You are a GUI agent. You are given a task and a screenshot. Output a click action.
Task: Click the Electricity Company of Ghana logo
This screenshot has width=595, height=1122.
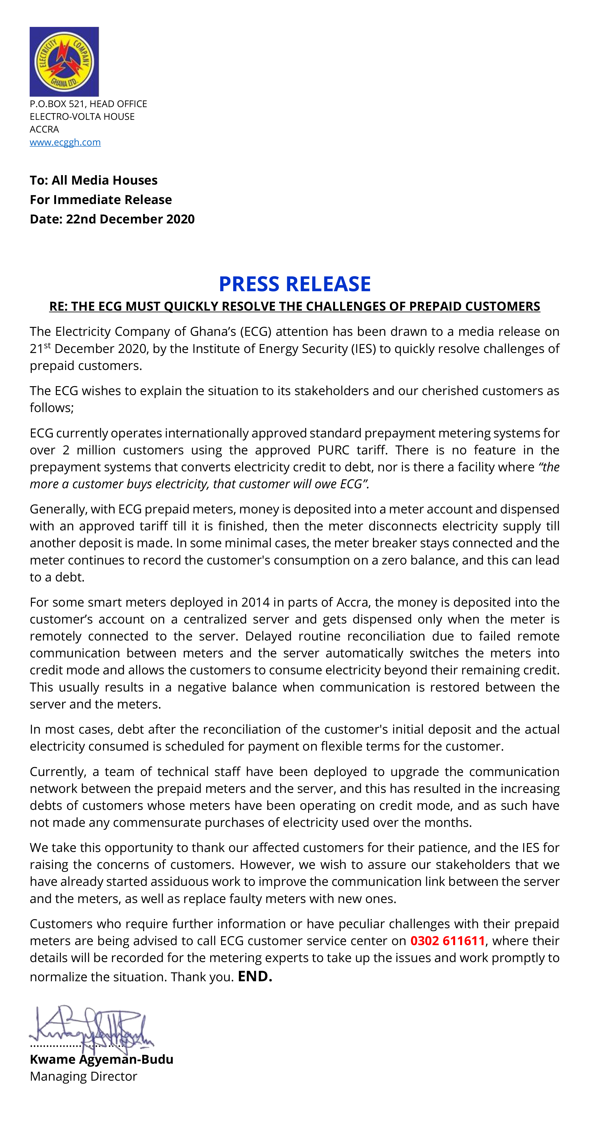pyautogui.click(x=64, y=62)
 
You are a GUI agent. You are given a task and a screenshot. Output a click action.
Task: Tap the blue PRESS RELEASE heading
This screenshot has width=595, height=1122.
pyautogui.click(x=295, y=284)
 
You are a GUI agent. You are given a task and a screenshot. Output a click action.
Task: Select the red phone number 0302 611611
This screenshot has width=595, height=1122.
pyautogui.click(x=448, y=941)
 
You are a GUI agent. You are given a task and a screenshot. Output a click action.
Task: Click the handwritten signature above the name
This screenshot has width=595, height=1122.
pyautogui.click(x=91, y=1030)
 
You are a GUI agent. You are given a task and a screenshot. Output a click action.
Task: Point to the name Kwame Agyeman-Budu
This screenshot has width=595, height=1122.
pyautogui.click(x=101, y=1059)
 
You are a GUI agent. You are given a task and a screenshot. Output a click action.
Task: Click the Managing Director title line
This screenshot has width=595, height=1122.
pyautogui.click(x=83, y=1076)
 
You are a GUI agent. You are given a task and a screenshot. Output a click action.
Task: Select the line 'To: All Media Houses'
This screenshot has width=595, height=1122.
pyautogui.click(x=94, y=180)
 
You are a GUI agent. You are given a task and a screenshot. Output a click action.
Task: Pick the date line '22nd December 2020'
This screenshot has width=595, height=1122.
pyautogui.click(x=130, y=219)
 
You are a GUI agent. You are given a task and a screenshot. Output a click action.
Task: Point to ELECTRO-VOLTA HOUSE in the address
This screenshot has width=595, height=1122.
pyautogui.click(x=82, y=117)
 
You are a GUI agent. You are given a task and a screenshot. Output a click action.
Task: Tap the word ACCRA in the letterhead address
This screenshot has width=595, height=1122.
pyautogui.click(x=44, y=129)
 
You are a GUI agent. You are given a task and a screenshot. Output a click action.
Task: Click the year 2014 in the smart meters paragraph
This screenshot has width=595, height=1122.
pyautogui.click(x=255, y=602)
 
